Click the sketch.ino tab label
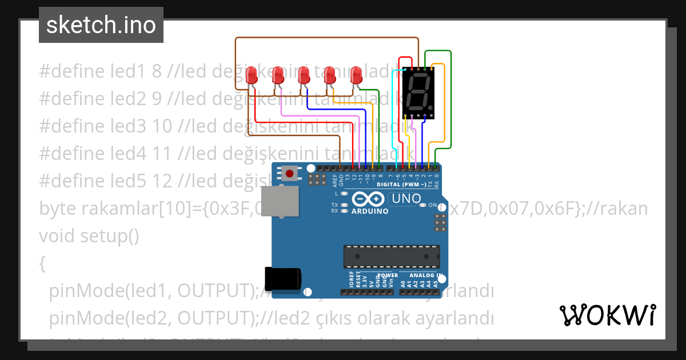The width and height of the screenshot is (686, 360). pyautogui.click(x=101, y=25)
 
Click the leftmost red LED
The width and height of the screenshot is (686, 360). pyautogui.click(x=251, y=76)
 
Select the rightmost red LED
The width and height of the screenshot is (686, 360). pyautogui.click(x=356, y=76)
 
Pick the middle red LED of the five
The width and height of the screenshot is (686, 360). pyautogui.click(x=304, y=76)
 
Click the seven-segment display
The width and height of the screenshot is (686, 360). pyautogui.click(x=418, y=93)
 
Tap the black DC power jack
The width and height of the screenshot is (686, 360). pyautogui.click(x=282, y=278)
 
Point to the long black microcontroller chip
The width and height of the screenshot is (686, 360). pyautogui.click(x=392, y=257)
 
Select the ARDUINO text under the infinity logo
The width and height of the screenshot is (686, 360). pyautogui.click(x=370, y=211)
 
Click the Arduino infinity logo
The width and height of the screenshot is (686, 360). pyautogui.click(x=369, y=199)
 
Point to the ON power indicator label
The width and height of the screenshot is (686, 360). pyautogui.click(x=433, y=205)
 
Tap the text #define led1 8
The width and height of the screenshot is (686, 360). pyautogui.click(x=101, y=71)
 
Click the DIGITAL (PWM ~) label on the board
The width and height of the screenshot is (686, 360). pyautogui.click(x=401, y=185)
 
